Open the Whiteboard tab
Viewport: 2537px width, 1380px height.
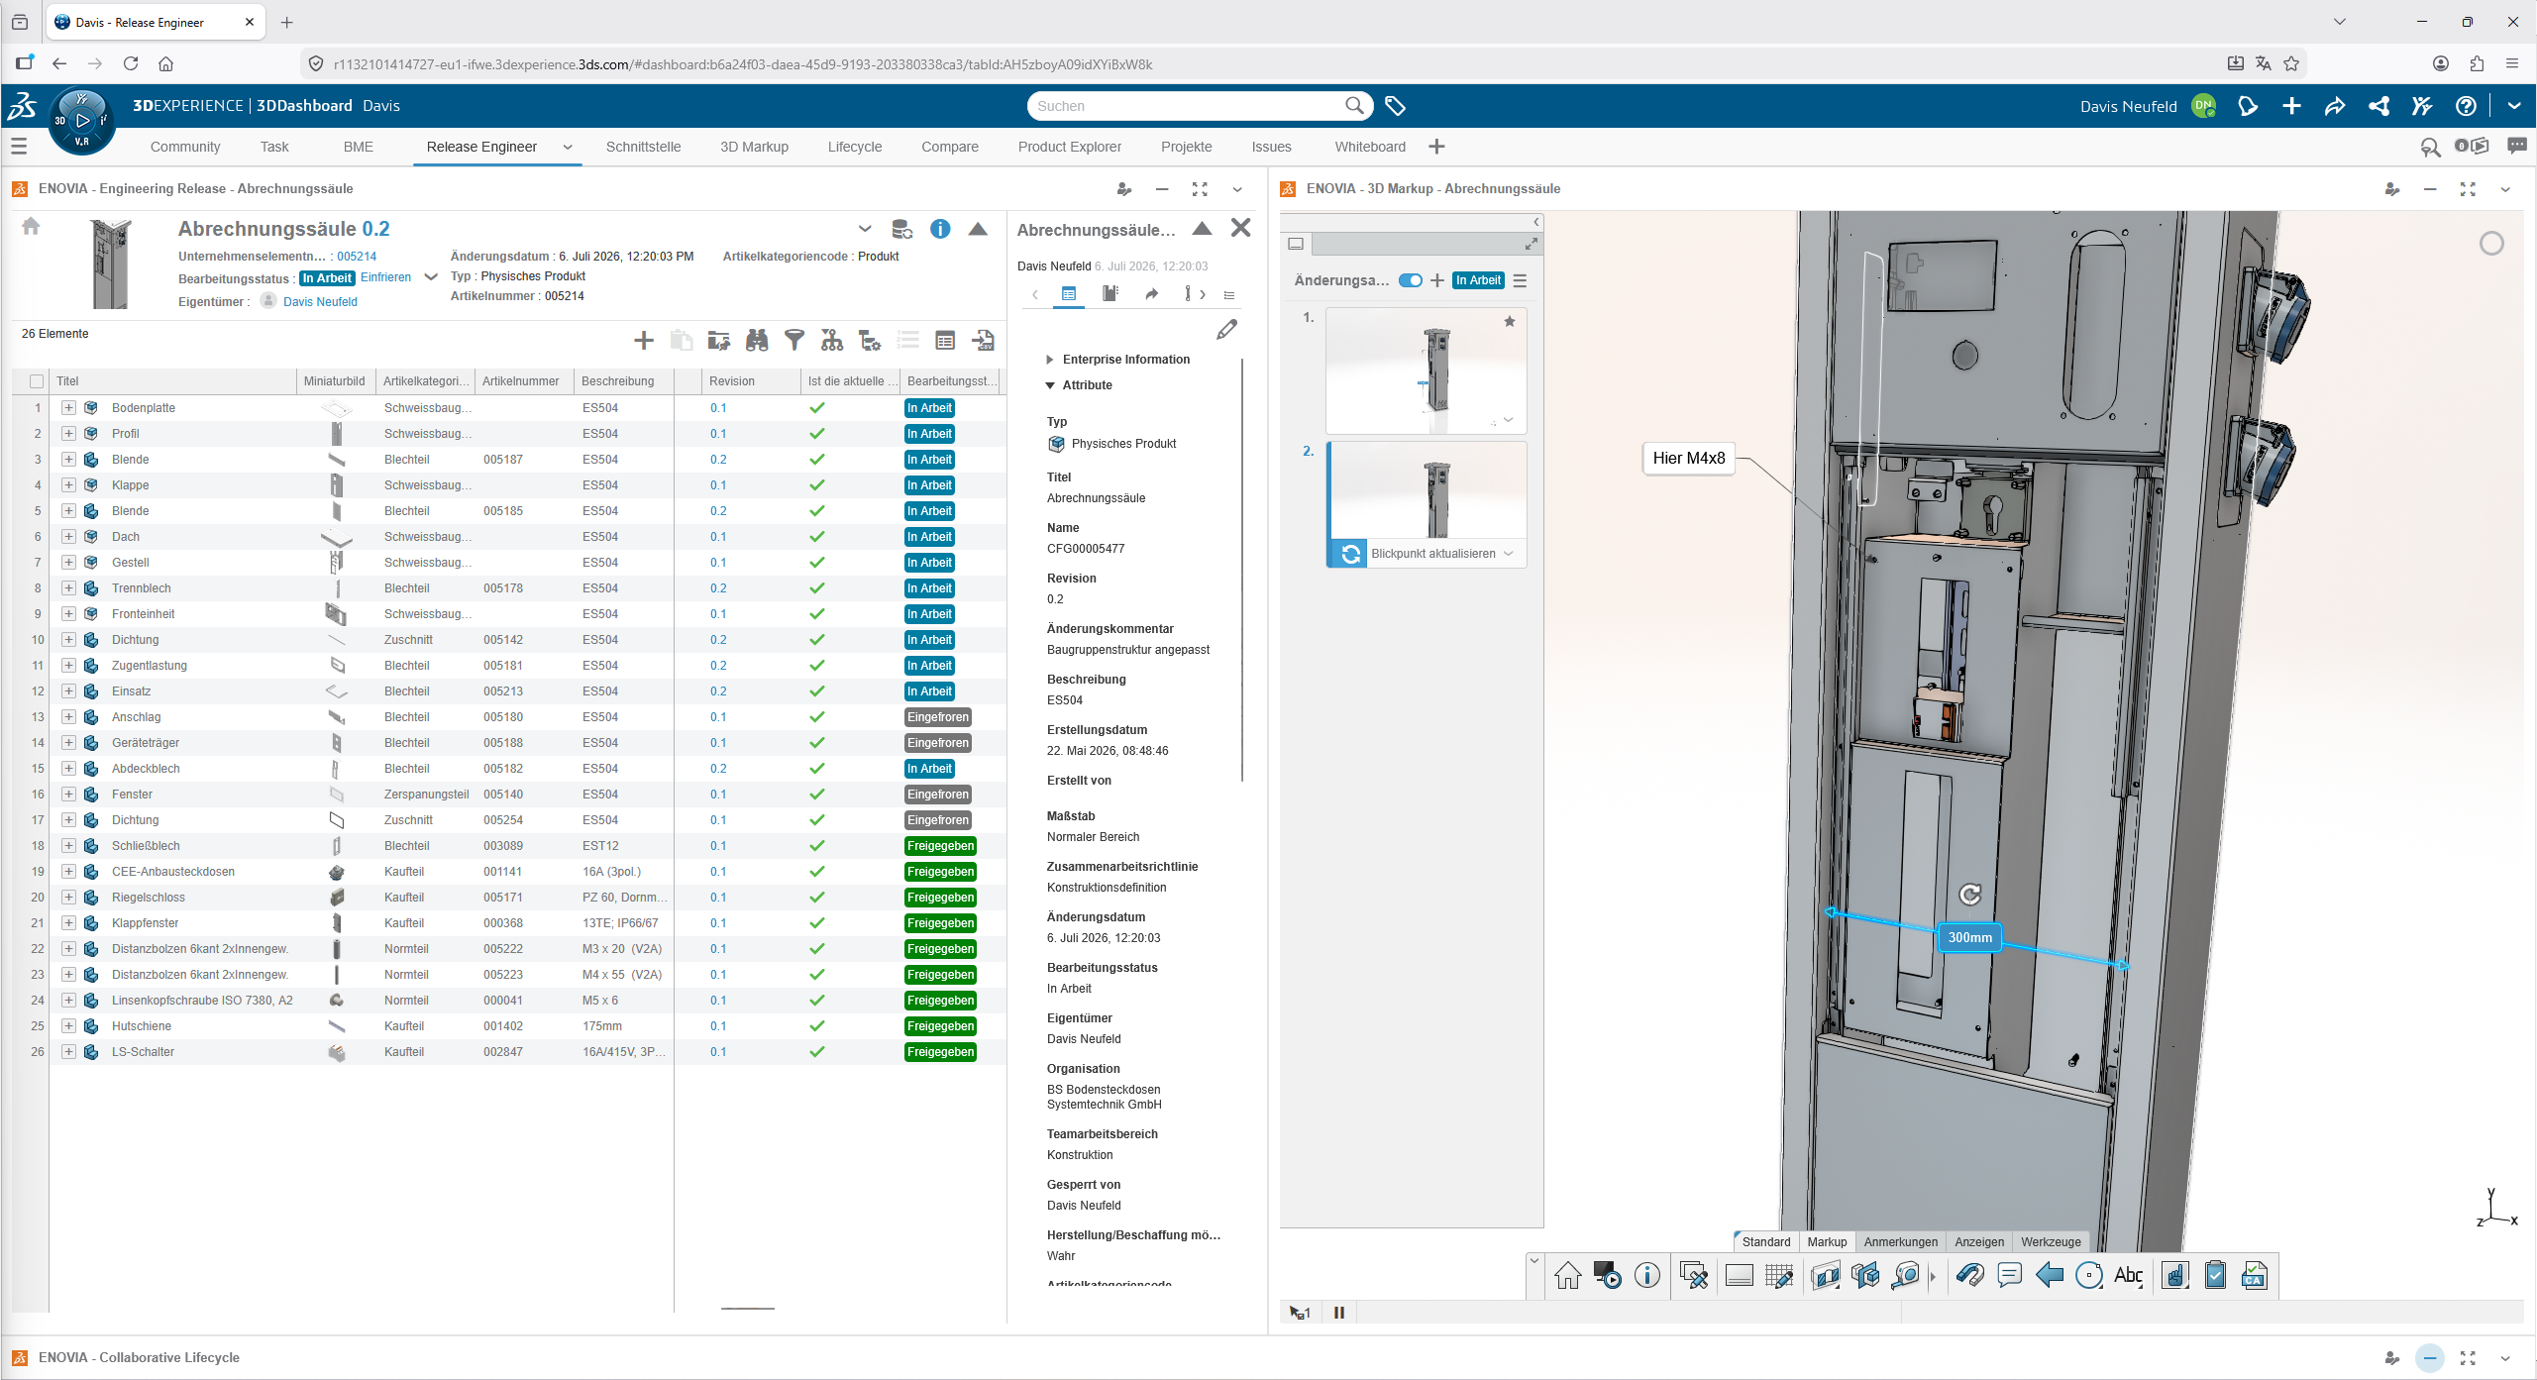pyautogui.click(x=1369, y=147)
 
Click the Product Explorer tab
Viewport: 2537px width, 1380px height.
pyautogui.click(x=1069, y=147)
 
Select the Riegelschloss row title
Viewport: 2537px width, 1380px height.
pyautogui.click(x=149, y=898)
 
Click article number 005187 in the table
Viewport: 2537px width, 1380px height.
pyautogui.click(x=503, y=460)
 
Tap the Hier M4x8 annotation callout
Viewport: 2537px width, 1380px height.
pyautogui.click(x=1688, y=458)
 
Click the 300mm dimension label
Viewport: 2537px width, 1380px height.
pyautogui.click(x=1969, y=937)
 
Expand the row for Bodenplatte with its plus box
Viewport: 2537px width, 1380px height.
pyautogui.click(x=68, y=408)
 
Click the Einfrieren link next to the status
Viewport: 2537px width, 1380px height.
pyautogui.click(x=385, y=277)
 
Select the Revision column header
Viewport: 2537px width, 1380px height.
pyautogui.click(x=732, y=381)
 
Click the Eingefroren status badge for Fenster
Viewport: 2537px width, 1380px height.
pyautogui.click(x=938, y=795)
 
